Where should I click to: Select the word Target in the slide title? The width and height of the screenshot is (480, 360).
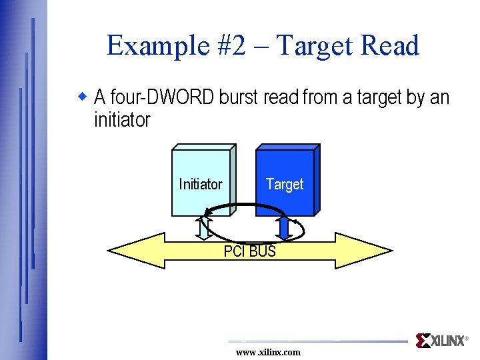click(315, 46)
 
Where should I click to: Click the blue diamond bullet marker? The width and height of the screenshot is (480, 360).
click(83, 97)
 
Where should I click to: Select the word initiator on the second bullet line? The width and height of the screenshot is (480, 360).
click(122, 121)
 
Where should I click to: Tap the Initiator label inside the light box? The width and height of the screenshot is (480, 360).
click(200, 184)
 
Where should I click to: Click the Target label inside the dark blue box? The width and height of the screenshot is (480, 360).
click(285, 184)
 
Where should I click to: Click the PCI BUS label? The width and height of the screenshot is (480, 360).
click(249, 251)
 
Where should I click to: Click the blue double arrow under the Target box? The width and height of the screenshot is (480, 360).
click(285, 227)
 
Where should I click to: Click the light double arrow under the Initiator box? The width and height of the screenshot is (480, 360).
click(204, 227)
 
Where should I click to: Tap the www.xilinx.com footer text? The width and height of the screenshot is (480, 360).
click(268, 352)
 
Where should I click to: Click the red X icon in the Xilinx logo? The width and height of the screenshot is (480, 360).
click(423, 341)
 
